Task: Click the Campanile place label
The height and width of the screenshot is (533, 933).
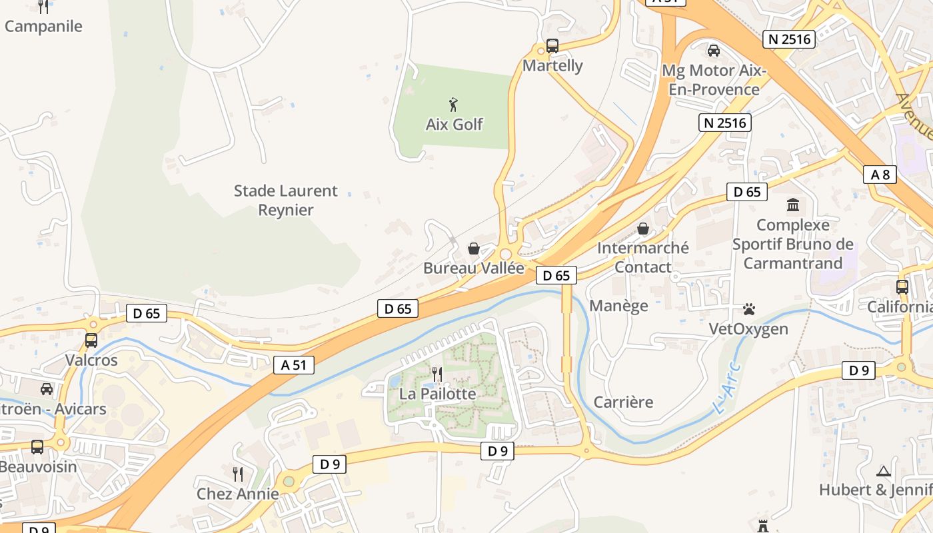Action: pos(44,27)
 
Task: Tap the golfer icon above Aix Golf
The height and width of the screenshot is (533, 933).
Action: pos(454,105)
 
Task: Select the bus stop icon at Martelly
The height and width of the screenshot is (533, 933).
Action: pos(552,46)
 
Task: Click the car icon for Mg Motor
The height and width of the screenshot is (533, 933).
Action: pos(714,50)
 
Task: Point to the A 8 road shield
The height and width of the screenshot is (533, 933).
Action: pos(880,175)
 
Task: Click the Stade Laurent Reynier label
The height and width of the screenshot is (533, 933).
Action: pos(286,200)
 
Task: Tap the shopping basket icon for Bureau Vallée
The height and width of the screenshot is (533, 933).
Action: pos(474,249)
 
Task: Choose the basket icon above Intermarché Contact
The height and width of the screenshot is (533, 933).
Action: pos(643,229)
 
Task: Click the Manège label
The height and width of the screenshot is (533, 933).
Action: pos(619,306)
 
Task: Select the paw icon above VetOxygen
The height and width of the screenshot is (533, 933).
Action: pos(749,309)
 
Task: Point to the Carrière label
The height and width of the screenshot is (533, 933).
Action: pos(623,402)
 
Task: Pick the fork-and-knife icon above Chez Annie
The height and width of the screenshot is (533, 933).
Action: pos(238,474)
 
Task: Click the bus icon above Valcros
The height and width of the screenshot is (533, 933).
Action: pos(91,340)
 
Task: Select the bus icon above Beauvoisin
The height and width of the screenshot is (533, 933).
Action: pos(37,446)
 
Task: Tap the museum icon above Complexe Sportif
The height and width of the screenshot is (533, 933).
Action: pos(793,205)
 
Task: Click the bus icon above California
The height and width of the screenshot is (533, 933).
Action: pos(902,287)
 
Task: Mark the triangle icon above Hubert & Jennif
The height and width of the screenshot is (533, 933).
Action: pos(884,471)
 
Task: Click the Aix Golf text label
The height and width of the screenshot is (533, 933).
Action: pos(455,125)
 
